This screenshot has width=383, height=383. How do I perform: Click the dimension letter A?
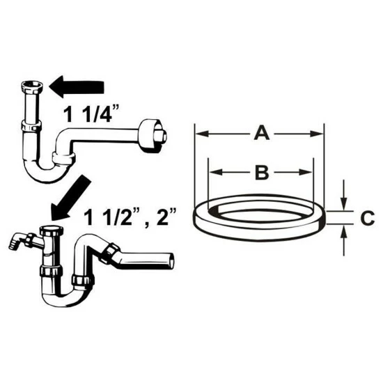(262, 132)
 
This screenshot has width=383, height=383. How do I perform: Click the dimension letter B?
(262, 173)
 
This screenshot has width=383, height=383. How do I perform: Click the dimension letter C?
(368, 217)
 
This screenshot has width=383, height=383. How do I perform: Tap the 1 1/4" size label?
(91, 114)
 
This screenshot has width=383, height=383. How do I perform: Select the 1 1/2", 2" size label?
(130, 217)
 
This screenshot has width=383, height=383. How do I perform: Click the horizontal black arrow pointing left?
(77, 87)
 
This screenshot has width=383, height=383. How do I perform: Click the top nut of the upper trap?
(32, 87)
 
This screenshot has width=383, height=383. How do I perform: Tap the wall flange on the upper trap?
(152, 136)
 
